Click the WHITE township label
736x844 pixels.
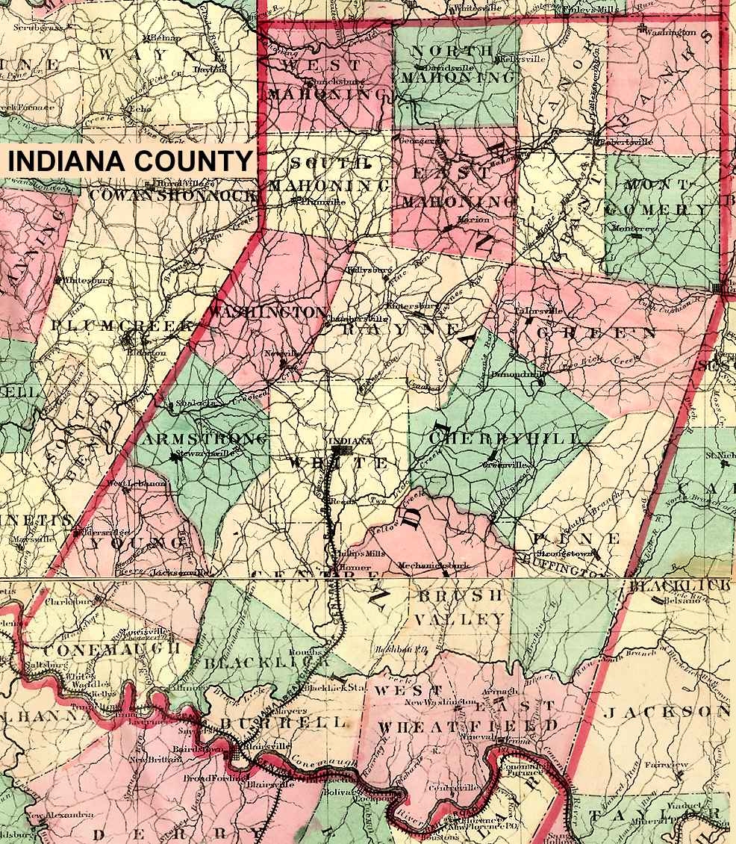(338, 464)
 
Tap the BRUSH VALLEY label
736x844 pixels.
(461, 607)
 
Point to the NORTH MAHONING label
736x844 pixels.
(456, 64)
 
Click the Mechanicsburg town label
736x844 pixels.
(434, 565)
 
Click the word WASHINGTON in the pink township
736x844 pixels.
(268, 311)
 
